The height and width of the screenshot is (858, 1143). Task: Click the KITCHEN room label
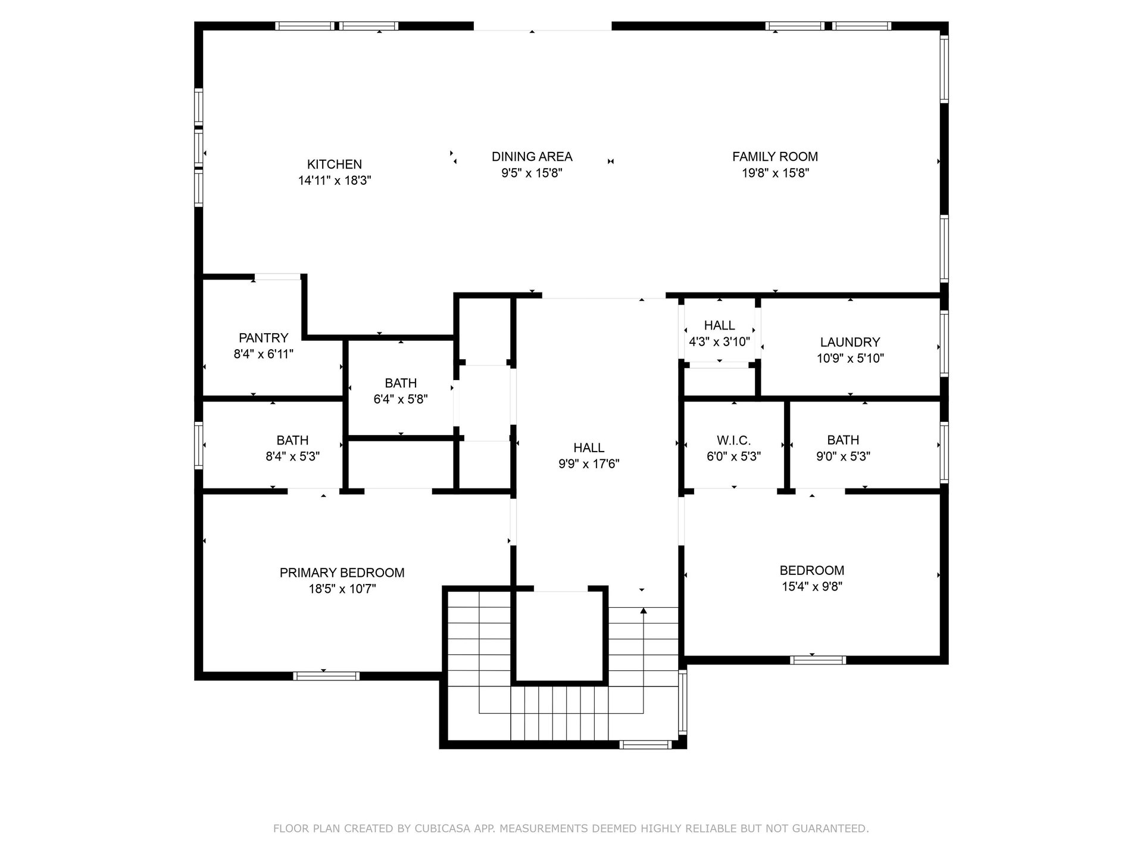[x=335, y=164]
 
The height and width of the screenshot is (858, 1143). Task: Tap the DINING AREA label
[x=532, y=157]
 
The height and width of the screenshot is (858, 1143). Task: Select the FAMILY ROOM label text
[x=775, y=157]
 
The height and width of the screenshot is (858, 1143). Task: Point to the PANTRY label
[x=264, y=338]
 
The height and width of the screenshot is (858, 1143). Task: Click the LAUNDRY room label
[x=850, y=342]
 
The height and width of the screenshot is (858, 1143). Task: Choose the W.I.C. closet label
[x=733, y=440]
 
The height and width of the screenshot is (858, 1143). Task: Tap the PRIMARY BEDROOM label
[x=342, y=573]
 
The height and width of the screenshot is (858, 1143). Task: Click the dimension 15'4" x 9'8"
[x=812, y=586]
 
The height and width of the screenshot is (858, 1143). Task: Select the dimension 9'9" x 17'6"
[x=589, y=464]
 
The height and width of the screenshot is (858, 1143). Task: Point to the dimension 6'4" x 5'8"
[x=401, y=399]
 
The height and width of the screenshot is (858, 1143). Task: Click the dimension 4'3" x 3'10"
[x=719, y=342]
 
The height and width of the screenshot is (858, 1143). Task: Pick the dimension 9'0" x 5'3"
[x=843, y=456]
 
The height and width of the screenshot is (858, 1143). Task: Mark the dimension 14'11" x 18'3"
[x=335, y=181]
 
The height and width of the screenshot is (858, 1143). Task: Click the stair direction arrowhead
[x=643, y=610]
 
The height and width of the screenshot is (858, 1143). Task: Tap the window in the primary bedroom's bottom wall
[x=326, y=676]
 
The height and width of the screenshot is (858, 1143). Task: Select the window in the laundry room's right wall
[x=944, y=343]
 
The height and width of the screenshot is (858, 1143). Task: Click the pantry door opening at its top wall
[x=277, y=276]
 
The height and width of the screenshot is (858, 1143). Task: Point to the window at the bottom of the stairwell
[x=645, y=744]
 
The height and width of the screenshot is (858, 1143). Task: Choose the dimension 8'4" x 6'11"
[x=264, y=354]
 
